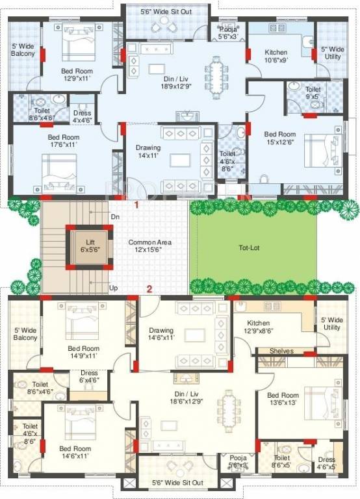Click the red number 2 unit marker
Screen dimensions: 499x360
coord(149,290)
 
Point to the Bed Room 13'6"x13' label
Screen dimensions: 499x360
coord(283,400)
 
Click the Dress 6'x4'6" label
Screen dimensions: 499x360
coord(89,376)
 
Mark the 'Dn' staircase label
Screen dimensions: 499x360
coord(115,216)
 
